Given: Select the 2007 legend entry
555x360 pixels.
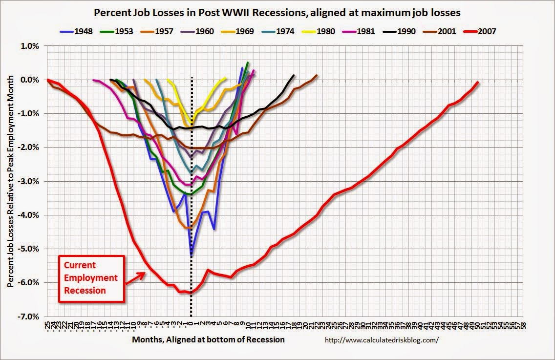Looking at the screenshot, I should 481,31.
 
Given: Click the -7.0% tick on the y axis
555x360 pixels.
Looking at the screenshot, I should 31,317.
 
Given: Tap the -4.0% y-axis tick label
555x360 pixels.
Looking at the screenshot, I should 31,215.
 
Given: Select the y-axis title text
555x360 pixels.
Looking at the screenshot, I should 10,181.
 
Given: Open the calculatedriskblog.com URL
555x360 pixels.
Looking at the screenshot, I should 379,340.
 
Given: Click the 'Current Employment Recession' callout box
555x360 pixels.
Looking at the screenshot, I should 91,278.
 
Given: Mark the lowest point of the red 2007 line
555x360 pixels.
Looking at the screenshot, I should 191,293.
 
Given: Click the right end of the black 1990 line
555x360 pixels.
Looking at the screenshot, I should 294,75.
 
